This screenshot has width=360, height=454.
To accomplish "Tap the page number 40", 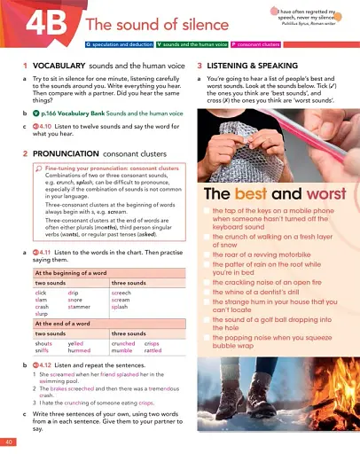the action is (8, 441).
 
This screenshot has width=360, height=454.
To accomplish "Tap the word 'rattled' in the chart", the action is (153, 349).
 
